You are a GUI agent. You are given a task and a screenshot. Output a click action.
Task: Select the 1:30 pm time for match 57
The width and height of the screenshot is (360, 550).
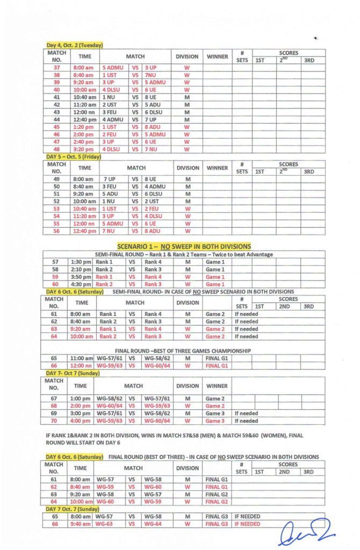click(81, 262)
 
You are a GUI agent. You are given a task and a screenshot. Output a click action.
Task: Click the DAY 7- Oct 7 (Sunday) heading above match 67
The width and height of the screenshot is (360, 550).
click(70, 372)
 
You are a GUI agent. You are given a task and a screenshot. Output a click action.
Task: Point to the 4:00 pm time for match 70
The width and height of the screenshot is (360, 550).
click(81, 421)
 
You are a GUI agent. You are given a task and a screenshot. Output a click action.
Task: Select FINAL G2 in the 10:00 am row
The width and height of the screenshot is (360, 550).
click(217, 502)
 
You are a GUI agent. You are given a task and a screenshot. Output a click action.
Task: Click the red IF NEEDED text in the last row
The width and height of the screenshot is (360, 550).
click(247, 524)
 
